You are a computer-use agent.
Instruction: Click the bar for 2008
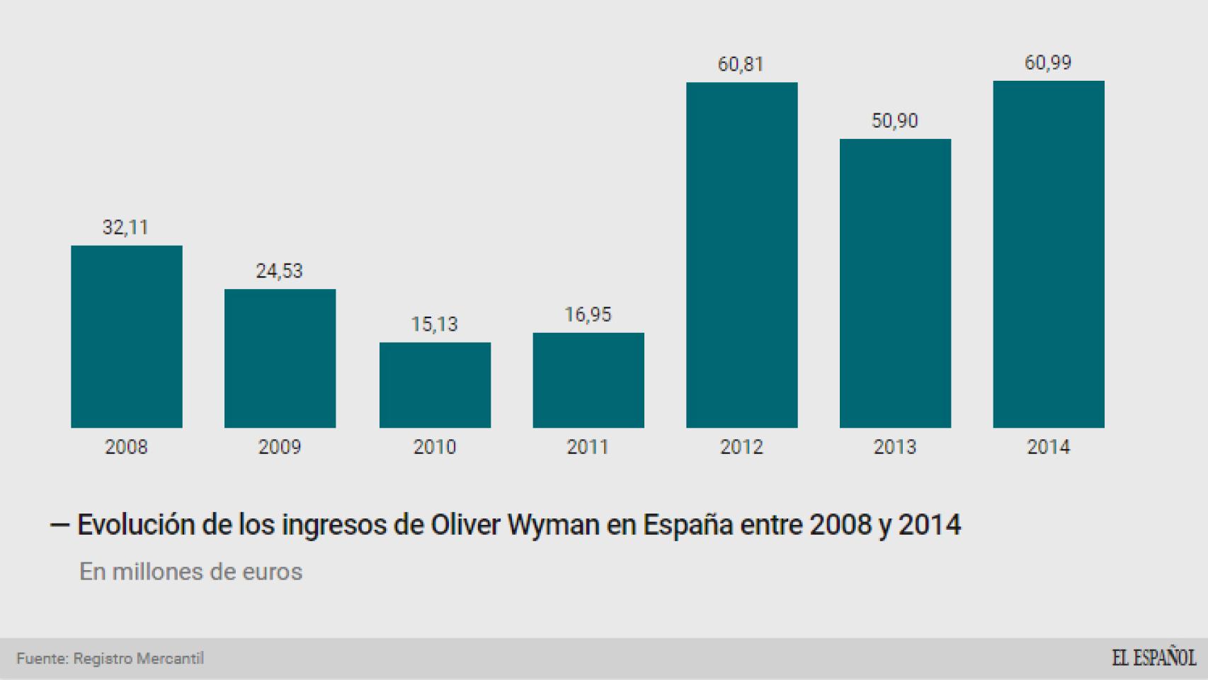pyautogui.click(x=126, y=336)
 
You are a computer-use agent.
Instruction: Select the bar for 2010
pyautogui.click(x=435, y=385)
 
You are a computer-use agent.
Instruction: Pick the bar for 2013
pyautogui.click(x=895, y=283)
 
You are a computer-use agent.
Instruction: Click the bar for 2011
pyautogui.click(x=588, y=380)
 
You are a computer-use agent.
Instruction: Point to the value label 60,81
pyautogui.click(x=741, y=64)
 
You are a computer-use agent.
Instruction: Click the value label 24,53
pyautogui.click(x=279, y=271)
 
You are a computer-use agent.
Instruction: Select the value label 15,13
pyautogui.click(x=434, y=324)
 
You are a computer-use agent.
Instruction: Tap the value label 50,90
pyautogui.click(x=894, y=120)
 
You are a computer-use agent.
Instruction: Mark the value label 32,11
pyautogui.click(x=125, y=227)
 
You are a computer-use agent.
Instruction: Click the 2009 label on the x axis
pyautogui.click(x=279, y=447)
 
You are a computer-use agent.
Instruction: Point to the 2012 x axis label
pyautogui.click(x=741, y=447)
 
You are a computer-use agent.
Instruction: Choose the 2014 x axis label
pyautogui.click(x=1048, y=447)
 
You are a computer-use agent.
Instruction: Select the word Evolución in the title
pyautogui.click(x=135, y=525)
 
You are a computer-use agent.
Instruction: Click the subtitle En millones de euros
pyautogui.click(x=190, y=572)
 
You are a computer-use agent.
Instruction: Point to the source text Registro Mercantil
pyautogui.click(x=139, y=658)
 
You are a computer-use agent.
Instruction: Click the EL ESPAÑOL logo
pyautogui.click(x=1153, y=657)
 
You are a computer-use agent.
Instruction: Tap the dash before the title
pyautogui.click(x=59, y=526)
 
